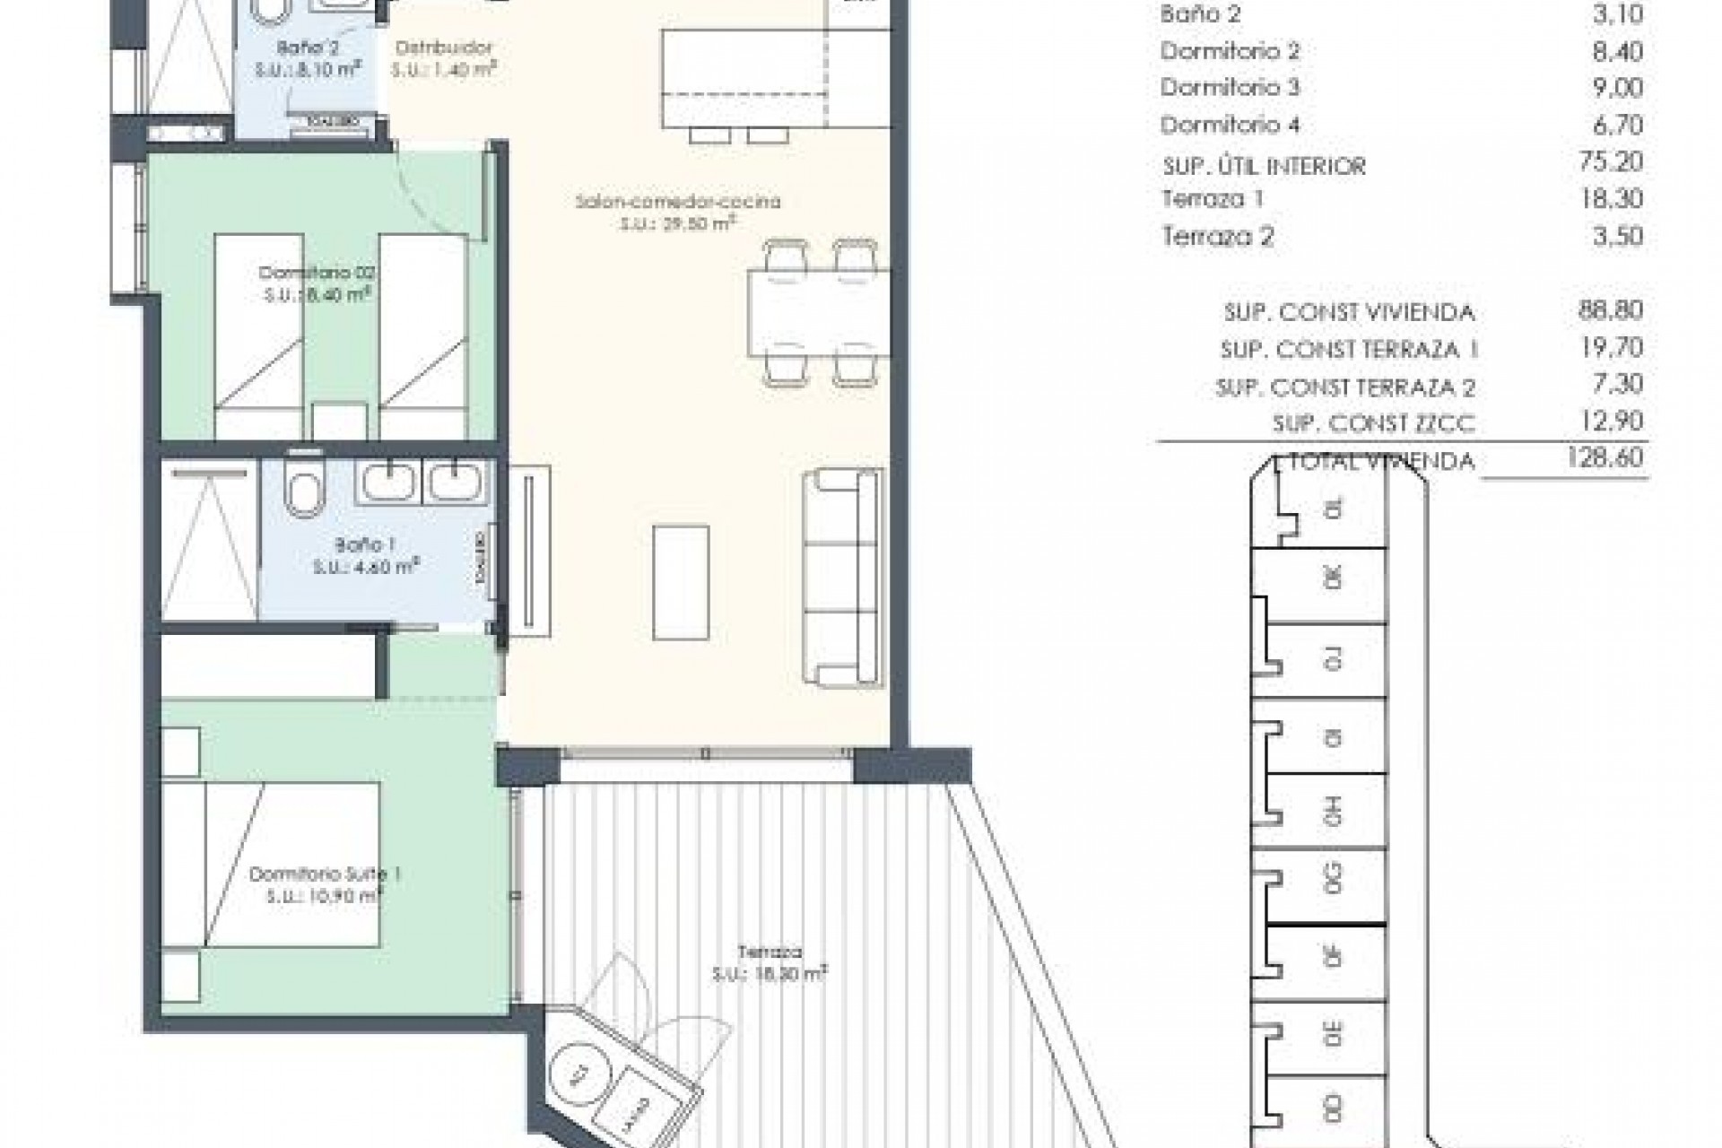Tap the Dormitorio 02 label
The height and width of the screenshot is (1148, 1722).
(x=316, y=273)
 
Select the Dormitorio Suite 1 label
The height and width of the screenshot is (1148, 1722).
(x=324, y=874)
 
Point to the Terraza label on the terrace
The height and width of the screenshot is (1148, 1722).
(x=770, y=952)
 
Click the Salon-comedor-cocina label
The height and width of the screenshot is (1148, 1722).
(x=677, y=202)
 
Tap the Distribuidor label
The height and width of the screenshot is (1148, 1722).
(x=444, y=48)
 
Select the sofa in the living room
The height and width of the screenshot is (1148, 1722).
(x=841, y=578)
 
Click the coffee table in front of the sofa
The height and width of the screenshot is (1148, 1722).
(x=681, y=582)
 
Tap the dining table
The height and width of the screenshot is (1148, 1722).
(x=818, y=312)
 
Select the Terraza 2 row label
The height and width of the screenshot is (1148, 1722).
(x=1217, y=237)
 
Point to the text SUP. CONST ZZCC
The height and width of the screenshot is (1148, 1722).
(x=1372, y=423)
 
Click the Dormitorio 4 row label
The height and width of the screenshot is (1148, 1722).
(x=1230, y=125)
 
